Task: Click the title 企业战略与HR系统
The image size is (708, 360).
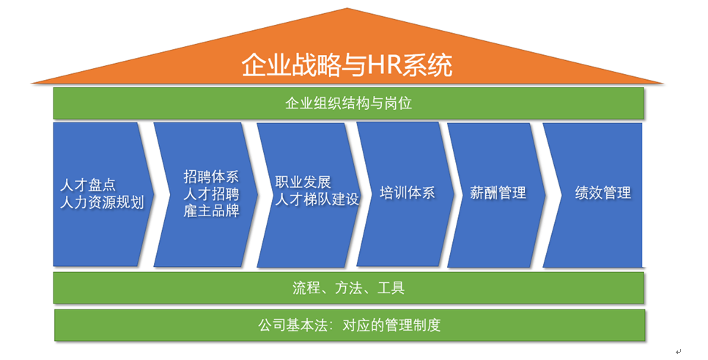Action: point(347,65)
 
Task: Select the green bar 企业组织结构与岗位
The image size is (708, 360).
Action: point(349,103)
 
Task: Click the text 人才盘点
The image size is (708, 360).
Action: point(88,185)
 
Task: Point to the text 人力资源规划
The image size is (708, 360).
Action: point(102,202)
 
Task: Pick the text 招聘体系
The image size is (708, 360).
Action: point(211,176)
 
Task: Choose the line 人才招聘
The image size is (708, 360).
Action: point(211,194)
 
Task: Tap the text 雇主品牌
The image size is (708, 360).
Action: point(211,211)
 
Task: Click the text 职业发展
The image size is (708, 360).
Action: point(303,182)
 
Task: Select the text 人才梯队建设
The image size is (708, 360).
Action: point(317,199)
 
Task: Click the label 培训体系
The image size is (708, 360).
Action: point(408,193)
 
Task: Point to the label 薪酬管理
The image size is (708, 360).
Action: point(498,193)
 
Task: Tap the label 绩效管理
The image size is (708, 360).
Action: point(602,193)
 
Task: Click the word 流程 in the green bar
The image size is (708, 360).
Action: point(306,287)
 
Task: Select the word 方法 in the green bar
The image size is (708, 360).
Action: point(349,287)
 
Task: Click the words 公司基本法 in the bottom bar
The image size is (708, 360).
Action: point(292,326)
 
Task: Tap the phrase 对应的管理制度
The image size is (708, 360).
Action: point(391,326)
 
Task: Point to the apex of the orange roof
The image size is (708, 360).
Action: point(347,8)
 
